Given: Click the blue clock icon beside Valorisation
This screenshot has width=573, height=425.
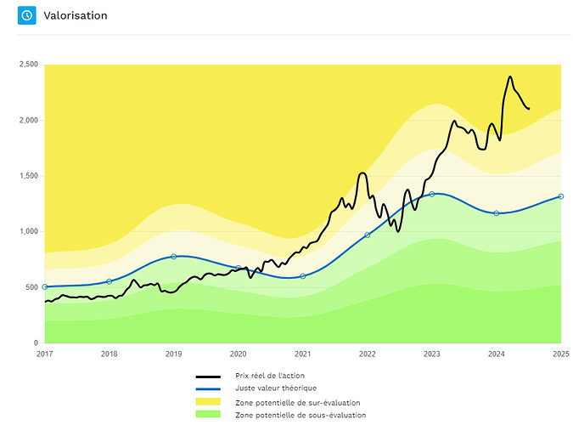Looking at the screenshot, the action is point(26,15).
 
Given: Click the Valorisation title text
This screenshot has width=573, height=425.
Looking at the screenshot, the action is point(76,15).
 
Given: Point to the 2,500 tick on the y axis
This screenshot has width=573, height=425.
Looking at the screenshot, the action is point(29,65).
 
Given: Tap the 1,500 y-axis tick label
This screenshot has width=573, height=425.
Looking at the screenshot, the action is point(29,176).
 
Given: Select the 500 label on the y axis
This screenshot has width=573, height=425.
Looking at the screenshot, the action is point(31,287).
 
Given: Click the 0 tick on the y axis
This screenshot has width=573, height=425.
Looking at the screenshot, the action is point(36,343).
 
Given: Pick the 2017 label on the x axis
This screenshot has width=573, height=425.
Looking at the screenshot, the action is point(45,354).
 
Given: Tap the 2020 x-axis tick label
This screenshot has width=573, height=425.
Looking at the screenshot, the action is point(238,354).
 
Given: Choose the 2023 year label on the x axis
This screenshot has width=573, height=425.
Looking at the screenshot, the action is point(431,354).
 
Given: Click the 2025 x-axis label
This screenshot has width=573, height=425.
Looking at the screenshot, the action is point(561,354).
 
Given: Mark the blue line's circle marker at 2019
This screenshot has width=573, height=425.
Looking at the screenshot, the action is point(173,257).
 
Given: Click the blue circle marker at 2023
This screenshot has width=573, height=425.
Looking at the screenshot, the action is point(431,194).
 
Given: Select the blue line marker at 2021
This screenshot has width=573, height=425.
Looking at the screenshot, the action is point(302,276).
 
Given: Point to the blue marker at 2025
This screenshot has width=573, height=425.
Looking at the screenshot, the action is point(561,196).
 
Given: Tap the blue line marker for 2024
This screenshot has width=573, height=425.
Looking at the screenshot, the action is point(497,213).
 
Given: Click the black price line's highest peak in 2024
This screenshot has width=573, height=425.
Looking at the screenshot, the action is point(510,76).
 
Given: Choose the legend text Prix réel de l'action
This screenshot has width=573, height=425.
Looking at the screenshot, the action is point(270,376).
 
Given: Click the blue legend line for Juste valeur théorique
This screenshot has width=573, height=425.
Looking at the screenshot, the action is point(208,388).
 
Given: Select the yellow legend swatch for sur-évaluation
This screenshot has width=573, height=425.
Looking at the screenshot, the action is point(208,401).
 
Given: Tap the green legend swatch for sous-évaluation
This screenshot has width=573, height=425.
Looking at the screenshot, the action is point(208,414).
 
